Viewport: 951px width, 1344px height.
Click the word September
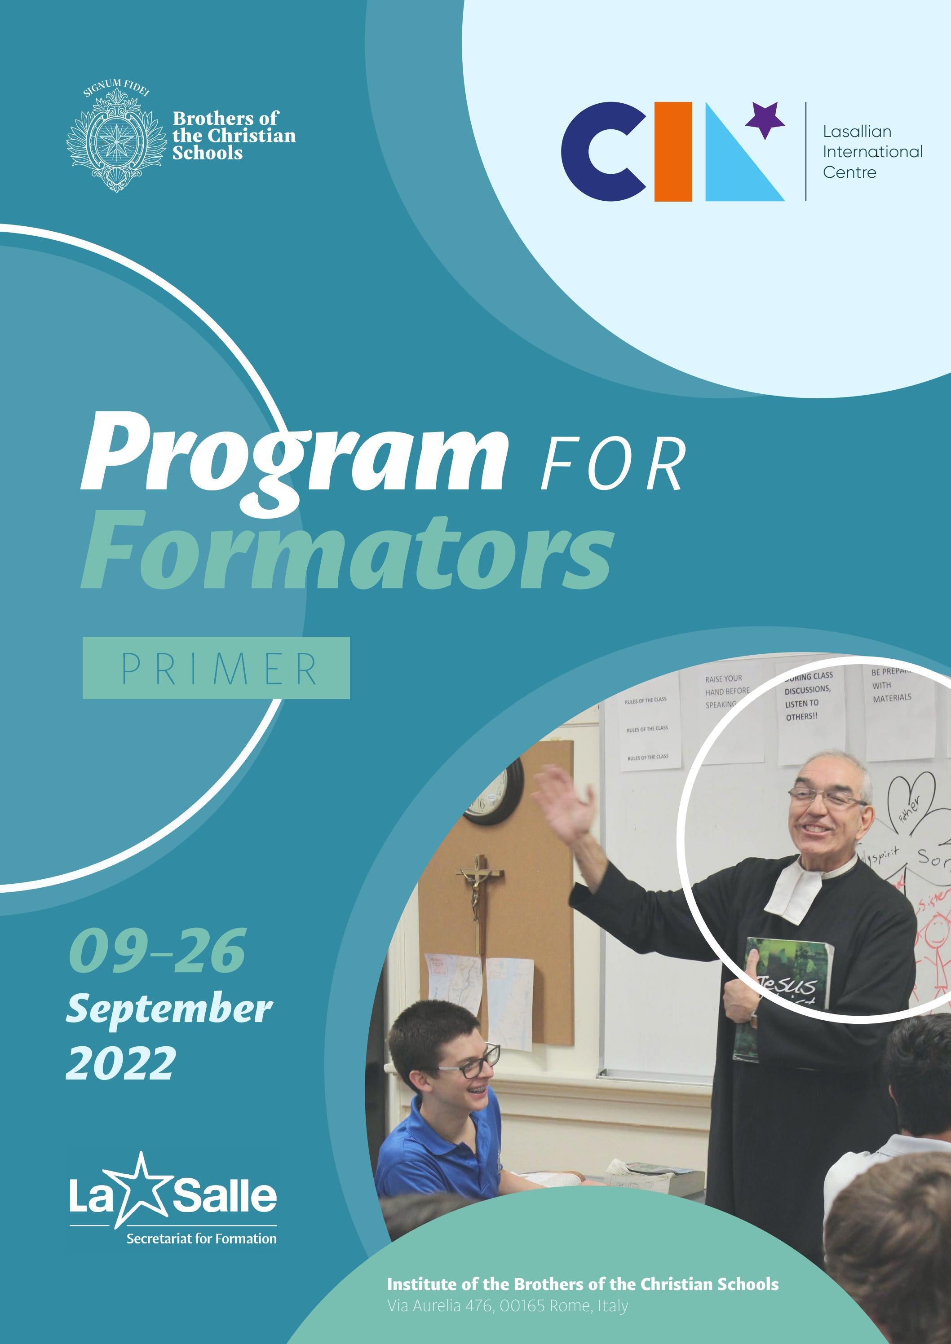point(169,1009)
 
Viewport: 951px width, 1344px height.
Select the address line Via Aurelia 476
point(507,1305)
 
